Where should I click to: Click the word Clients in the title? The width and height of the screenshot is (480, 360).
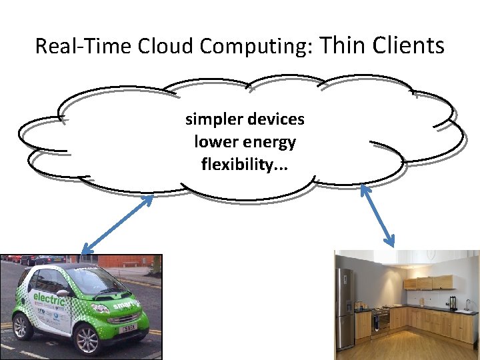[409, 45]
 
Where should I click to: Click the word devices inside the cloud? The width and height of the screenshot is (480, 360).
[275, 120]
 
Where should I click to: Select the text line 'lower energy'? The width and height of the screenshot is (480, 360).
[245, 142]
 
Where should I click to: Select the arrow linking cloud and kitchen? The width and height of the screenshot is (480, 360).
[377, 215]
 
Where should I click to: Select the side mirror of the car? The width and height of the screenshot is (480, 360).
[63, 293]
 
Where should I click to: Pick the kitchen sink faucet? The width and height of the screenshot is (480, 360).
[467, 304]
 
